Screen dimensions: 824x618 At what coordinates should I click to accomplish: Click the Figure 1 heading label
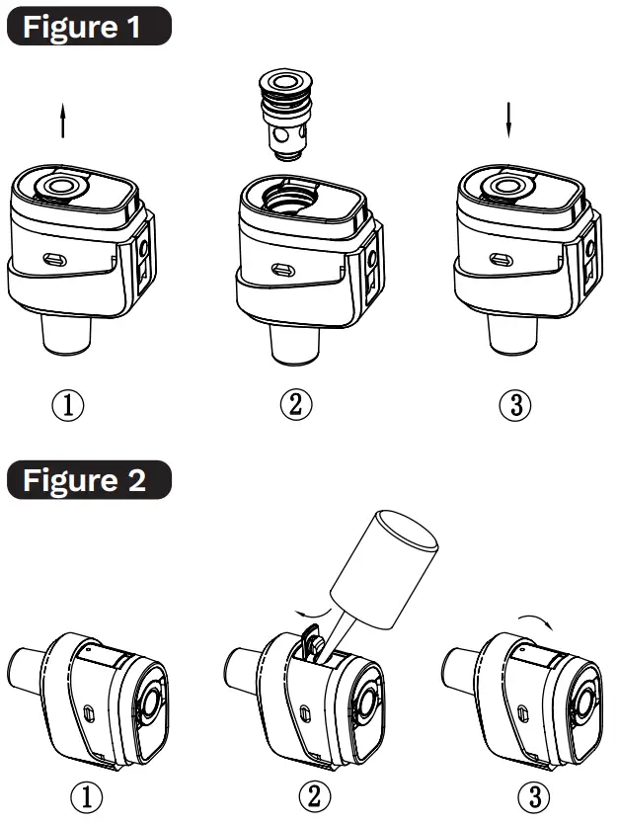point(86,27)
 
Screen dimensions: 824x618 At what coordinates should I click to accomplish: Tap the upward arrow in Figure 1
point(63,124)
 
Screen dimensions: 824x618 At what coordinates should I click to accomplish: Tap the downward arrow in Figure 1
point(509,120)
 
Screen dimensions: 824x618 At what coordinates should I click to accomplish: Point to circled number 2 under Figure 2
point(315,795)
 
